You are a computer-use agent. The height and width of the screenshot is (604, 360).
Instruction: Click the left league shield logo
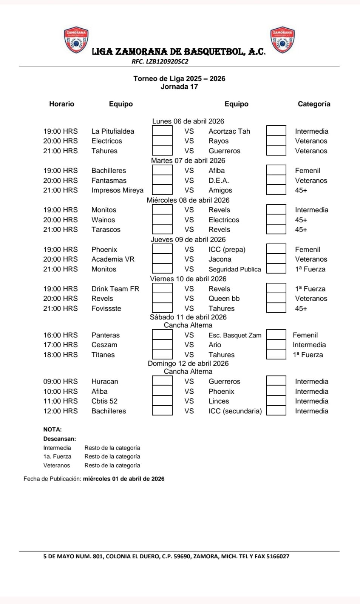76,40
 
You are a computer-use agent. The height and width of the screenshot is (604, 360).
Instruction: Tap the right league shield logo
282,40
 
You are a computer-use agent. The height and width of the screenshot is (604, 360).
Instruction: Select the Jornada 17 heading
179,87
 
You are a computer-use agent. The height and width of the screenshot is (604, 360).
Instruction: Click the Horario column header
62,104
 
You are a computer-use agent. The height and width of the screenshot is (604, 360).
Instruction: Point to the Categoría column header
314,104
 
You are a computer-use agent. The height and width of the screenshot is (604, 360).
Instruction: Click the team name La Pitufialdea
113,131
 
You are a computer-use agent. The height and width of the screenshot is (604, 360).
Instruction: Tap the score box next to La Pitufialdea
162,131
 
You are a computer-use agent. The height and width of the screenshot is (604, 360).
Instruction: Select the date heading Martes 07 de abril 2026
188,160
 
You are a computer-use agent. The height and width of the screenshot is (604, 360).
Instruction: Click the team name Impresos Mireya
117,190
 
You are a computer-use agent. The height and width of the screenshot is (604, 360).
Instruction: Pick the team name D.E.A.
219,180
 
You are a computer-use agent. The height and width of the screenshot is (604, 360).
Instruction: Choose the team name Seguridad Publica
235,269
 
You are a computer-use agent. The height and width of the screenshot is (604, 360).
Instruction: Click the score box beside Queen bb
276,298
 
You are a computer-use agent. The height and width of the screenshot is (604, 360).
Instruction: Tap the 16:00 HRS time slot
60,335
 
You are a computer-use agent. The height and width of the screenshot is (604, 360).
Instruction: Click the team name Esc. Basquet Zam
235,335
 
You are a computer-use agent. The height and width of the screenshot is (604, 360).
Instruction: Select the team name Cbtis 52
104,401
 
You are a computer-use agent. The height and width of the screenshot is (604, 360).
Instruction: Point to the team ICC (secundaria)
235,411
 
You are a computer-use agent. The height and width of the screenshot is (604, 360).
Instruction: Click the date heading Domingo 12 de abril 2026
188,364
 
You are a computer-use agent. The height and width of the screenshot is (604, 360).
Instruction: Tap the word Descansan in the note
59,439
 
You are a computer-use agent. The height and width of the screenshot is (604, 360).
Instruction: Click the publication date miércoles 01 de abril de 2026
124,479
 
